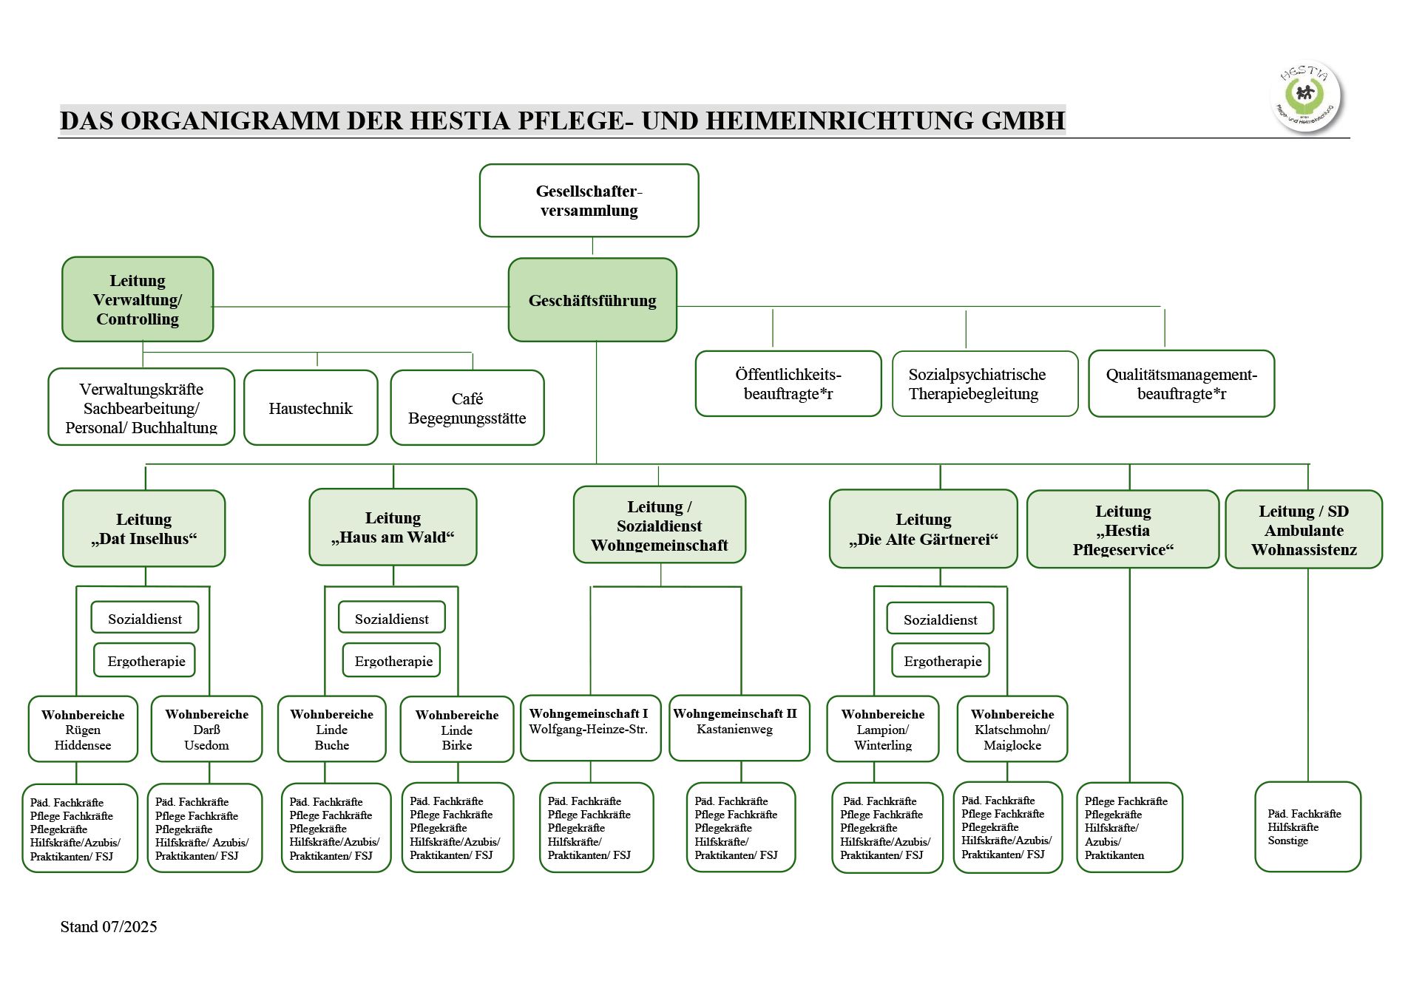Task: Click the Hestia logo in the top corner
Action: (1306, 97)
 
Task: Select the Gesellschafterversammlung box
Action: (589, 200)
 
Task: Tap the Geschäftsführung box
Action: (592, 300)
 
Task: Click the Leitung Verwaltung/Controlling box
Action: (138, 299)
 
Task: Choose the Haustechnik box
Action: (311, 408)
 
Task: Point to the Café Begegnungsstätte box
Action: (467, 408)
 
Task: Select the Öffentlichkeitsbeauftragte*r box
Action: (788, 384)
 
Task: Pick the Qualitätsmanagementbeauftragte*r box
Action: (1181, 384)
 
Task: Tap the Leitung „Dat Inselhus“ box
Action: (144, 529)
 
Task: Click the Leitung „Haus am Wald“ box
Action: (393, 527)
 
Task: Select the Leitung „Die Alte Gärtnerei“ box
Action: (923, 529)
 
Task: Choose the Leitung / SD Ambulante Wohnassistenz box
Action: (1304, 530)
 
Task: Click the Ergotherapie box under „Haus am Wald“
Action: (392, 661)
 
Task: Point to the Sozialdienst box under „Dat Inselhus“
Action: (145, 619)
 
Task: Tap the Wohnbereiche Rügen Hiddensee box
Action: (83, 730)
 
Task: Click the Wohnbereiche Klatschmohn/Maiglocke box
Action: (1012, 730)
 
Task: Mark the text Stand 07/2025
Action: (109, 927)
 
